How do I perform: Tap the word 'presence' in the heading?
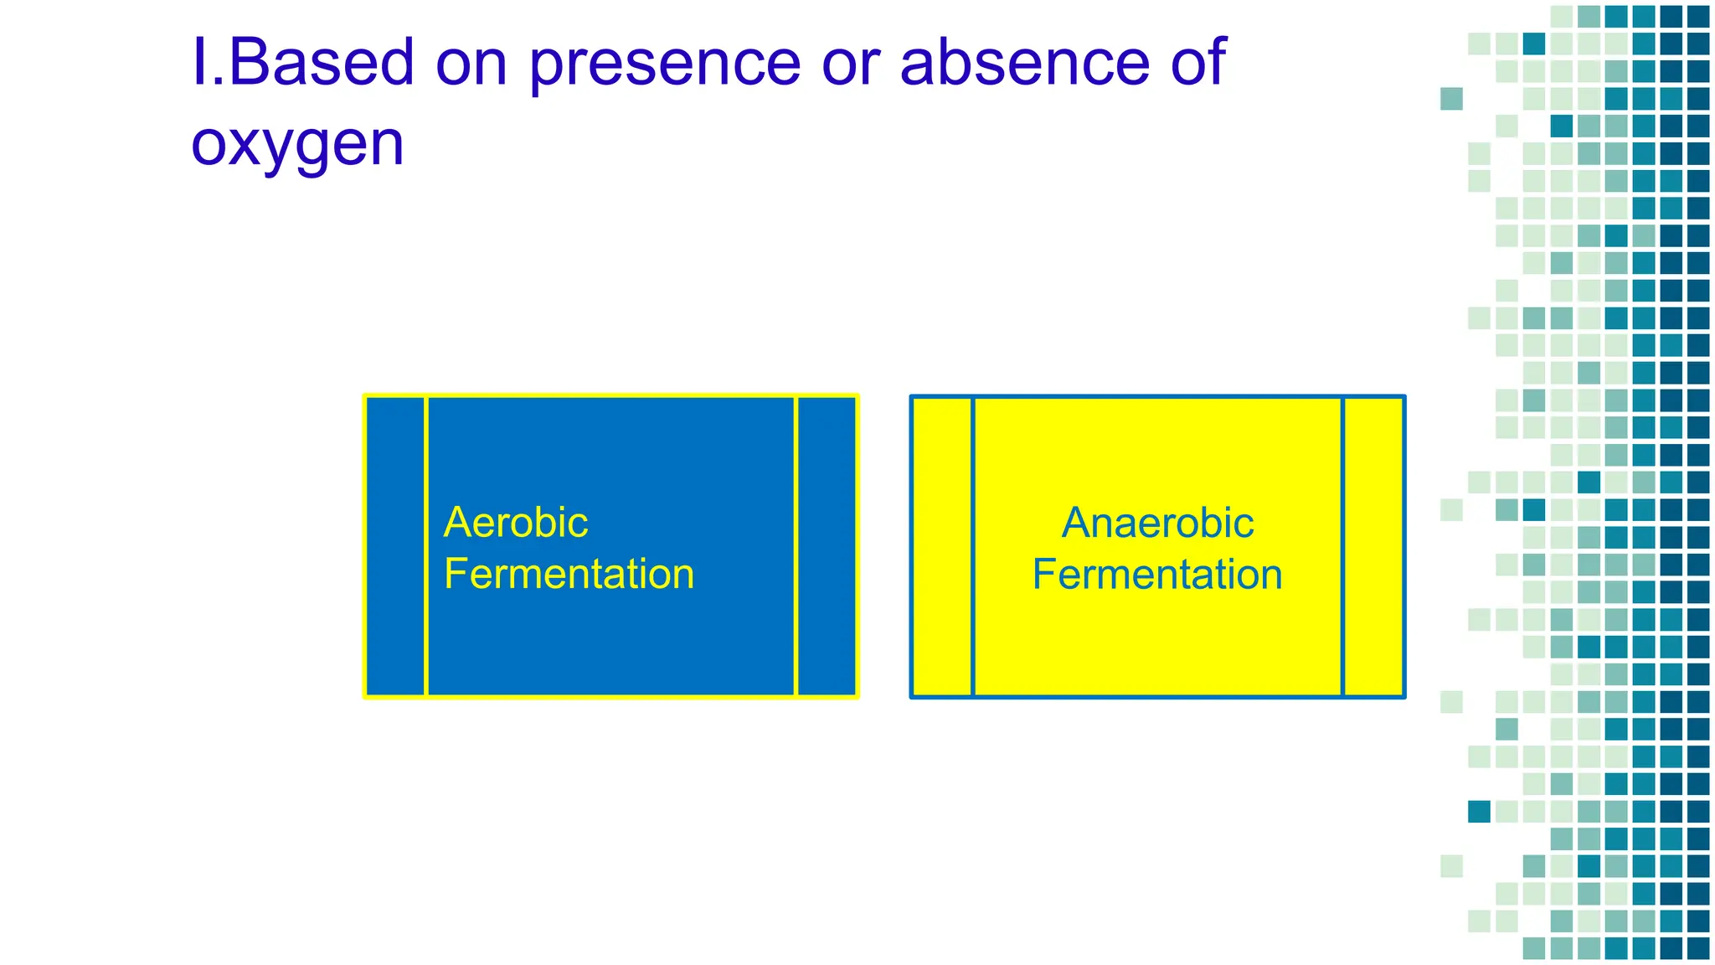[x=666, y=64]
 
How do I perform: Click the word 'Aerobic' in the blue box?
[x=516, y=523]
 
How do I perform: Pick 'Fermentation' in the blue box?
[x=569, y=574]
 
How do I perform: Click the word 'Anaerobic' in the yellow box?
[x=1157, y=523]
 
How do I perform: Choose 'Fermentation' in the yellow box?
[x=1157, y=574]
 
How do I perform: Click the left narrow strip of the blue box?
[x=396, y=546]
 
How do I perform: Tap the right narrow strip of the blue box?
[x=827, y=546]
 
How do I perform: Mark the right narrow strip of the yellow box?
[x=1373, y=546]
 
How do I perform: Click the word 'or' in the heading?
[x=849, y=64]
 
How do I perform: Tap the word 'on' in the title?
[x=471, y=64]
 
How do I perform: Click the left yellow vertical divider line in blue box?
[x=426, y=546]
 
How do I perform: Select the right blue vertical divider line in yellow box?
[x=1343, y=546]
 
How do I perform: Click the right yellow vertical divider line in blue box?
[x=796, y=546]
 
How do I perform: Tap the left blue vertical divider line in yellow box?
[x=973, y=546]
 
